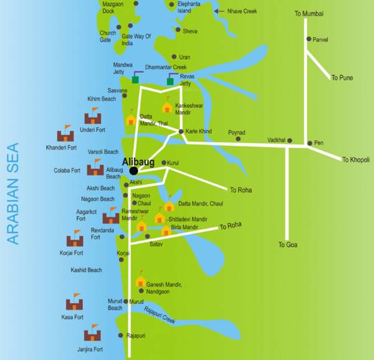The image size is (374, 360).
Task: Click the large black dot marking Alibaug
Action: point(133,170)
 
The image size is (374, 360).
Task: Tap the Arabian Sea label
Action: point(13,194)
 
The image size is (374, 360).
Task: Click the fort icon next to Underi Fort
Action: point(93,116)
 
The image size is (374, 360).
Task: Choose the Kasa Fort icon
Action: point(75,303)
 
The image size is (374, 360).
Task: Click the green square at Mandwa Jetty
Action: point(135,80)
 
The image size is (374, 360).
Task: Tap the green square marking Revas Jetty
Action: point(170,81)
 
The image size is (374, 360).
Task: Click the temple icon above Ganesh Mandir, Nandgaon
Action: point(140,280)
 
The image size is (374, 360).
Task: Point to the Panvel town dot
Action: point(309,39)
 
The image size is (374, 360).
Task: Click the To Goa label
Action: point(287,245)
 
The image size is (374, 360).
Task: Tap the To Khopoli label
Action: point(355,160)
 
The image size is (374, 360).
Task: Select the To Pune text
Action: point(342,78)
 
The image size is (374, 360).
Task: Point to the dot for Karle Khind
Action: point(181,131)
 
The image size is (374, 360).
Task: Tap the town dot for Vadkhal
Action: point(290,140)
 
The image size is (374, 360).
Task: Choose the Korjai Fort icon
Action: point(75,239)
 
